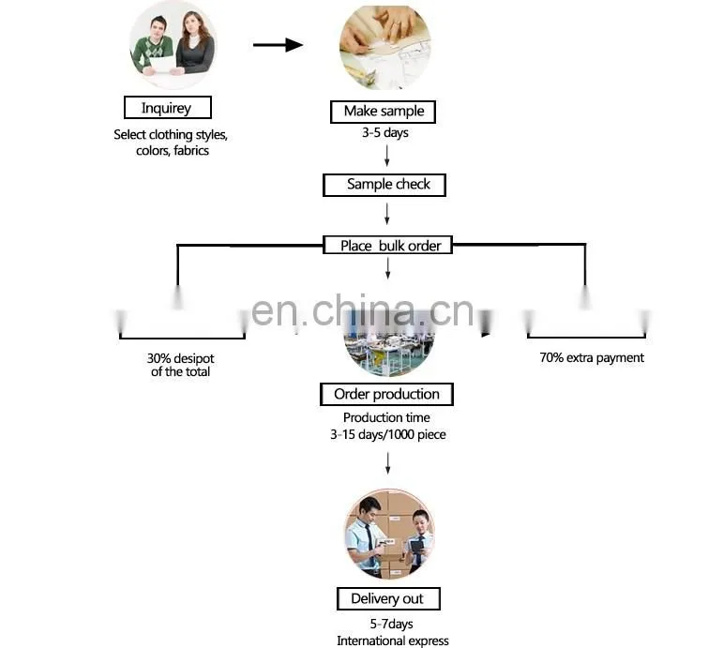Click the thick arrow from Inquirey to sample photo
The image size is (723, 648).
279,45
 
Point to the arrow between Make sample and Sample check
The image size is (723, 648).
387,156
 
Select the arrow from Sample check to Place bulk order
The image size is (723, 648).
387,214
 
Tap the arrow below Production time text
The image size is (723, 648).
388,463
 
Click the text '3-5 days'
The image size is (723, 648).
385,133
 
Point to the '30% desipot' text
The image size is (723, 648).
180,358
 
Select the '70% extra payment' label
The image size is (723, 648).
592,357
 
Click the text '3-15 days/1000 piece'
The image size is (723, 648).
388,434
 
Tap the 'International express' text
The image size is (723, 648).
392,640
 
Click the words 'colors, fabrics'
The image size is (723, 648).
173,151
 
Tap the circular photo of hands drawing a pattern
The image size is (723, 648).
385,47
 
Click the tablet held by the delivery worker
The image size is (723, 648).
416,548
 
